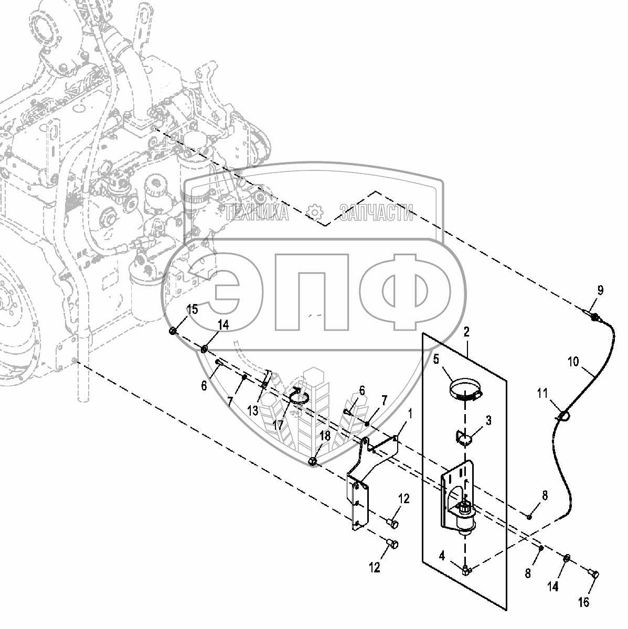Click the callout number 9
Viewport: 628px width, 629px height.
(600, 290)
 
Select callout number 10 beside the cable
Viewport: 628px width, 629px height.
(573, 362)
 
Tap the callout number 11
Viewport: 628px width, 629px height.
(542, 394)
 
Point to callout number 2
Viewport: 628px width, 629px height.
(466, 332)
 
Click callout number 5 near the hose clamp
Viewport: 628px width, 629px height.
(436, 360)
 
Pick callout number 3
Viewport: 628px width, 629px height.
(488, 421)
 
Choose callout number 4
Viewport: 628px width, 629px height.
(442, 556)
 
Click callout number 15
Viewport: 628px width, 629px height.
(193, 309)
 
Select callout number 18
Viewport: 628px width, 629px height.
(325, 436)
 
